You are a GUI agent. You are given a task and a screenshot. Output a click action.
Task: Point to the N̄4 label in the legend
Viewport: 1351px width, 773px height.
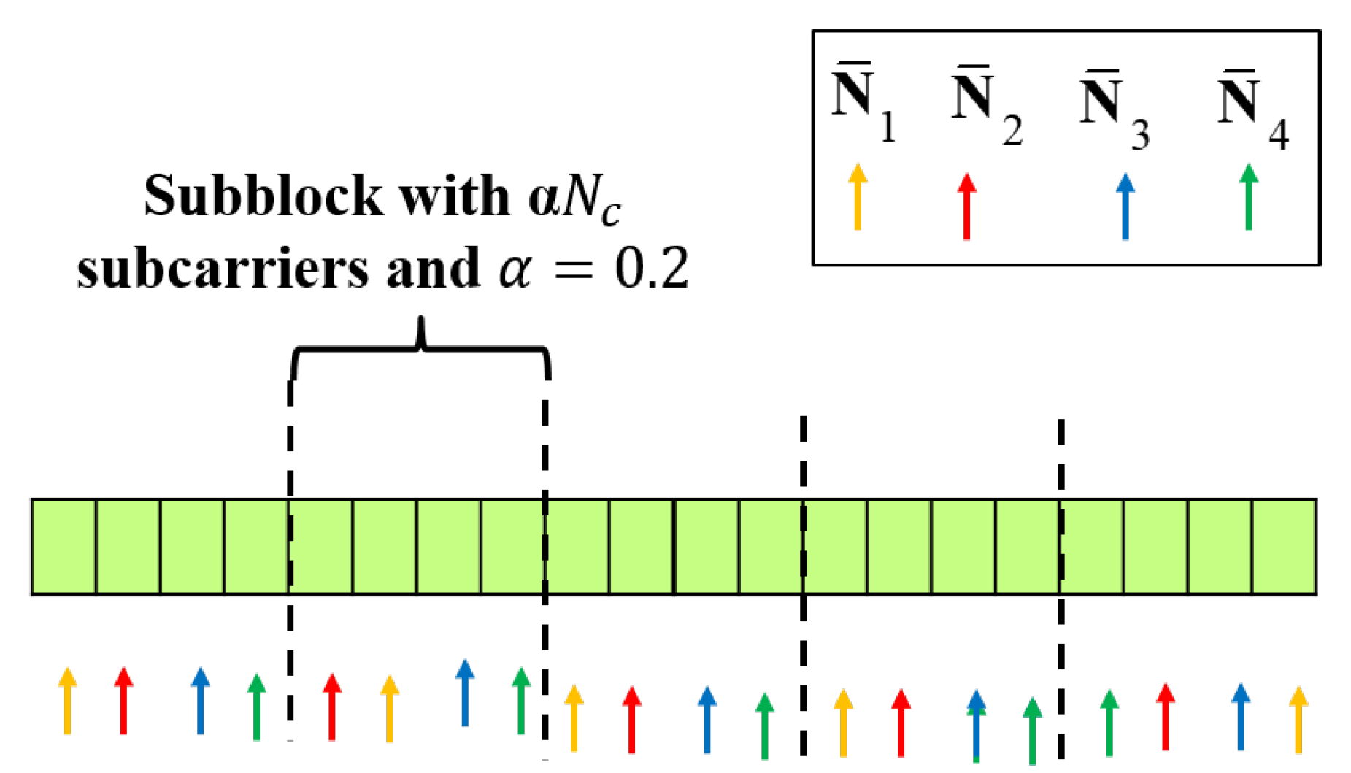click(1251, 111)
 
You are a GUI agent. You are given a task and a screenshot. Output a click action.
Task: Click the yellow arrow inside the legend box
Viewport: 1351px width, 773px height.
click(858, 197)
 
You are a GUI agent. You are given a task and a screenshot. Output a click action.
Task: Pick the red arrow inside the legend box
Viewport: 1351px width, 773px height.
click(966, 207)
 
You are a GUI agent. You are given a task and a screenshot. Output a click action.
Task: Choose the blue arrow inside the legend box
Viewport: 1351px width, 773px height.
click(1125, 207)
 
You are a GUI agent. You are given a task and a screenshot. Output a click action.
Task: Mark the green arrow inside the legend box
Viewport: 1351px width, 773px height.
click(1249, 197)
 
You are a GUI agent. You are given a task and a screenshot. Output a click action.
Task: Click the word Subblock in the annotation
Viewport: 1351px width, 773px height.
click(263, 196)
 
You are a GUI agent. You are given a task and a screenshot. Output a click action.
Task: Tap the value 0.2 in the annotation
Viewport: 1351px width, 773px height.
click(652, 269)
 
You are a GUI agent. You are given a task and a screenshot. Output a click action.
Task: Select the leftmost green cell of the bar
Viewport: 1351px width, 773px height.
click(63, 547)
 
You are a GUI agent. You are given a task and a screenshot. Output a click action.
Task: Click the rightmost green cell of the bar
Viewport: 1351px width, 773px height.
click(1285, 547)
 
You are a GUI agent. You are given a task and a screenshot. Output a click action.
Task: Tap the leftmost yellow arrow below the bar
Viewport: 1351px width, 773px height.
click(67, 700)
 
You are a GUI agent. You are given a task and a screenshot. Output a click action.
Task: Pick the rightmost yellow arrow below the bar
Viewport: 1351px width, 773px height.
click(1298, 719)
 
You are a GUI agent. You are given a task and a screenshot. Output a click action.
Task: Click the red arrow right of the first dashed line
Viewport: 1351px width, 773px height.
click(332, 707)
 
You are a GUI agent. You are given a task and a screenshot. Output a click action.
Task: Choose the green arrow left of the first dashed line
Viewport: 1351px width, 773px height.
click(256, 707)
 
